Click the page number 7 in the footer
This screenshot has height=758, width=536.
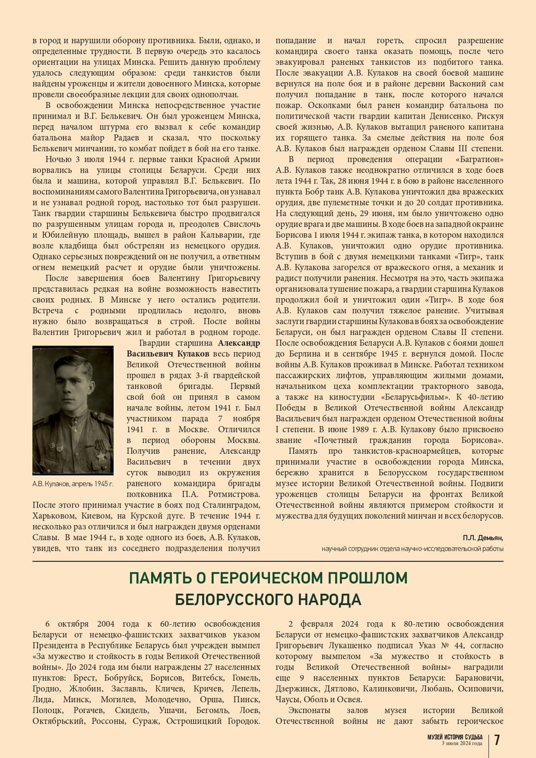497,740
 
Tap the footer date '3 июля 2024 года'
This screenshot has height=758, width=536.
461,743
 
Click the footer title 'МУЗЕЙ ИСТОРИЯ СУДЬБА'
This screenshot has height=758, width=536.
455,737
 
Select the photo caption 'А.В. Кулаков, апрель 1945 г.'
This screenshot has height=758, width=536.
73,484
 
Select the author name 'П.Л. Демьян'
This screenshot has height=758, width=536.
483,538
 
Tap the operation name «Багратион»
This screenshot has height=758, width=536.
479,159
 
